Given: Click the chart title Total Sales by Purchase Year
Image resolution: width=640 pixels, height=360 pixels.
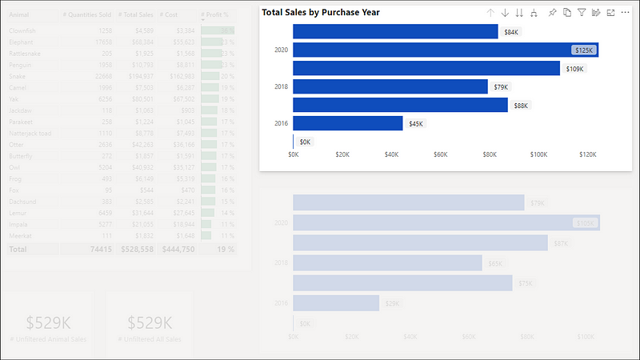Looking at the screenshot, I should click(321, 13).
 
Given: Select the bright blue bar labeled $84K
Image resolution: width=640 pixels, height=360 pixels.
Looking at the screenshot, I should click(395, 31).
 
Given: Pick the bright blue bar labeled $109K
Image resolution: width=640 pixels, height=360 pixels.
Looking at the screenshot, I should click(426, 68).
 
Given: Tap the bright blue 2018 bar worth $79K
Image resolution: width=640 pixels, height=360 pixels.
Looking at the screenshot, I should click(390, 86).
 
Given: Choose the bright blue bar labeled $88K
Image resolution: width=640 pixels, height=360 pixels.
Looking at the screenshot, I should click(400, 105).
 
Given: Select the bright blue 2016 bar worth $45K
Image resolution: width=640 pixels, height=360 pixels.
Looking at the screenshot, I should click(347, 123).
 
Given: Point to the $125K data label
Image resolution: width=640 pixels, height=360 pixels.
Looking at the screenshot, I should click(584, 50).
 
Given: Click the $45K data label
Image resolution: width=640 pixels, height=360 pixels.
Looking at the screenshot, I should click(416, 123).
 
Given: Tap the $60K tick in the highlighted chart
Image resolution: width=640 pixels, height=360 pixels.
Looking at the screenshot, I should click(441, 154).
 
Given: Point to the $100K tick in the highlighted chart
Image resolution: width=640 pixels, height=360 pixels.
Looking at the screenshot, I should click(538, 154).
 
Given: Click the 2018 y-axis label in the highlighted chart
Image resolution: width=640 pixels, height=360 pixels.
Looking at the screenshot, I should click(281, 86).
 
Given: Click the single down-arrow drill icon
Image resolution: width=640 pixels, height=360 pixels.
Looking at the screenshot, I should click(505, 13).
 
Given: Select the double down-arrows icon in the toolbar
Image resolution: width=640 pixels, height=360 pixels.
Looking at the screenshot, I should click(519, 13).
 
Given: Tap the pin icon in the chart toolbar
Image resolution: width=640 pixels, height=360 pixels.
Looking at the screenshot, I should click(553, 13).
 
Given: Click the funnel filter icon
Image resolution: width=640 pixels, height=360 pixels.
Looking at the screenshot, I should click(582, 13).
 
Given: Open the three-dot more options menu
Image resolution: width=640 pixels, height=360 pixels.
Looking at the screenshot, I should click(625, 13).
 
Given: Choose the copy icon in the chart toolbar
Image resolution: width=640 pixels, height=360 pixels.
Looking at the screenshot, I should click(567, 13).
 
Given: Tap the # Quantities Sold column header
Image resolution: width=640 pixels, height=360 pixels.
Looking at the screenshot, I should click(87, 14).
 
